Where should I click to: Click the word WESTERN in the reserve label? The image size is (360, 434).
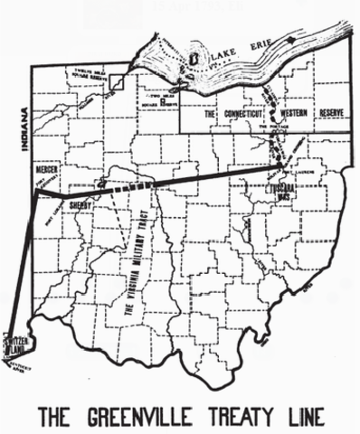point(286,115)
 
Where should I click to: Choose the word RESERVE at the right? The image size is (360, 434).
point(330,115)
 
